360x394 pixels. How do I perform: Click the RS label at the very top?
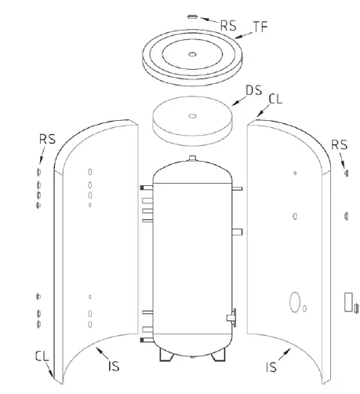(x=227, y=24)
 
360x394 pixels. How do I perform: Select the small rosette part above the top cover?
(x=193, y=16)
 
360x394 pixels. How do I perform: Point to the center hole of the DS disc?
(x=192, y=115)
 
